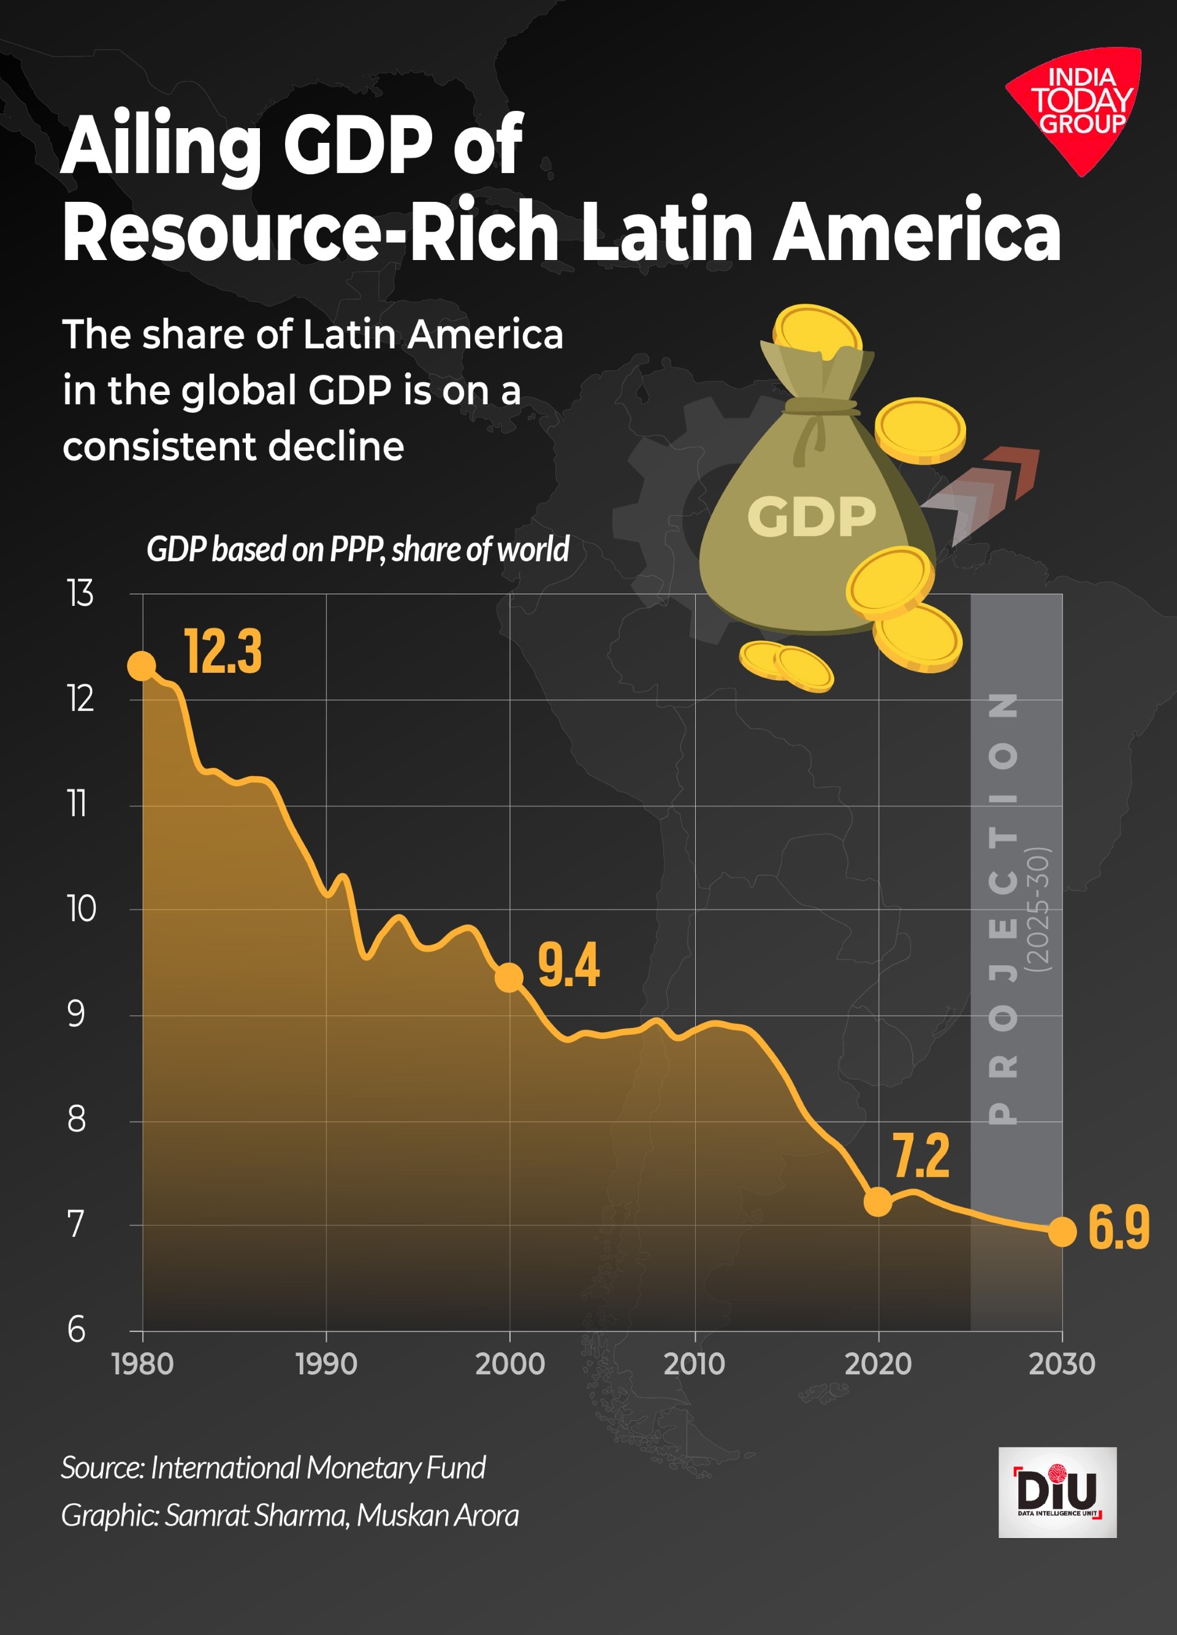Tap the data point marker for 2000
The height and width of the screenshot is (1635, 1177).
[x=509, y=978]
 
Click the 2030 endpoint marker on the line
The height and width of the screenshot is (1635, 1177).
[x=1062, y=1231]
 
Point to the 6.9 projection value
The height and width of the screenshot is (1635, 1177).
[x=1118, y=1228]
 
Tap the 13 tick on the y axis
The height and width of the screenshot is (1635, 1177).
[x=80, y=594]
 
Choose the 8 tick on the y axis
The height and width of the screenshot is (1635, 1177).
[x=77, y=1120]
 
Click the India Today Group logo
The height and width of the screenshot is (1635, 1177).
[x=1078, y=104]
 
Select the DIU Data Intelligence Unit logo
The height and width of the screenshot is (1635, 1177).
[x=1057, y=1493]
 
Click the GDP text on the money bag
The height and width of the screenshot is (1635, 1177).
[x=811, y=517]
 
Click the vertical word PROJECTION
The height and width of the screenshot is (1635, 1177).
[x=1004, y=908]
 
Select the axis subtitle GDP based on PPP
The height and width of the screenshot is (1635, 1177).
[x=357, y=549]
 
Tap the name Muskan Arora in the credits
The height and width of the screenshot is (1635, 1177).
[x=437, y=1515]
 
